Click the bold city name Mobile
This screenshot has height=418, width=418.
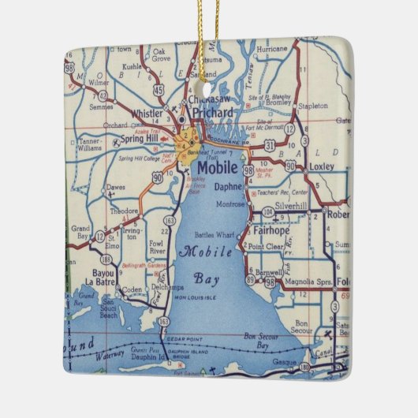(216, 167)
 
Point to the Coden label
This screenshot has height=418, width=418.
(132, 288)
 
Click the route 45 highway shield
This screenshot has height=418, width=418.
(159, 91)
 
